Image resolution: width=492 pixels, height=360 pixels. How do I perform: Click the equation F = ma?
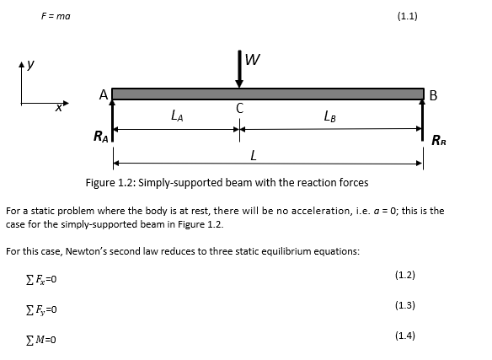[56, 17]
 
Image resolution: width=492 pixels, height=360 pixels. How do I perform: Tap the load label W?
[253, 60]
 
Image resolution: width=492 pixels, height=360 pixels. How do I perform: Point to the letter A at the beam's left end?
[104, 96]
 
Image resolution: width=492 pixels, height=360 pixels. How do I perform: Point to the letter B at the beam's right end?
[433, 95]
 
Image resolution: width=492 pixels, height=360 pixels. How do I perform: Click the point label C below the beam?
[240, 108]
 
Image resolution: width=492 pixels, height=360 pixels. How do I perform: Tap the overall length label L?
[254, 155]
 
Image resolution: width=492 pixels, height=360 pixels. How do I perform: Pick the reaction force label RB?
[439, 141]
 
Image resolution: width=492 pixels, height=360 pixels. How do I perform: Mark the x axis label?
[58, 108]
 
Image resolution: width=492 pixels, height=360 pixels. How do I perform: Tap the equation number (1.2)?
[404, 275]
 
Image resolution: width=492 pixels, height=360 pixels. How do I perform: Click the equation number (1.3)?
[404, 305]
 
